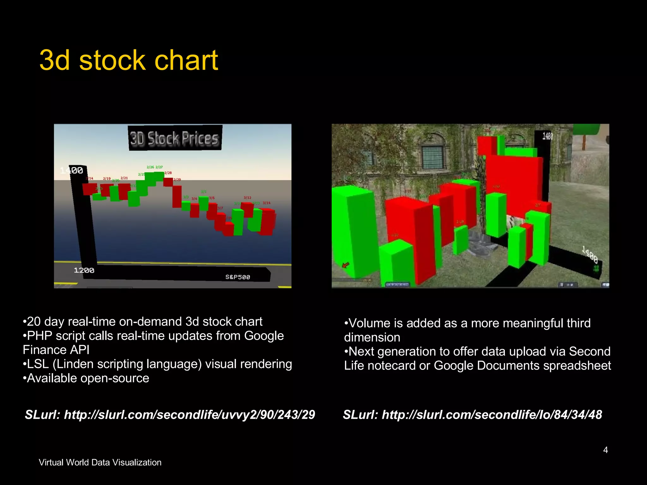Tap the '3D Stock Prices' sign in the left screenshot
tap(175, 138)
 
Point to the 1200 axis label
tap(84, 270)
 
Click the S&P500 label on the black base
tap(238, 277)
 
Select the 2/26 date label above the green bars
tap(150, 167)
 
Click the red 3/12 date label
tap(247, 198)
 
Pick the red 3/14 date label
tap(266, 203)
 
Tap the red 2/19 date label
tap(107, 178)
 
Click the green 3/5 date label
tap(203, 192)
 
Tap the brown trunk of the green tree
tap(584, 142)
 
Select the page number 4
tap(605, 450)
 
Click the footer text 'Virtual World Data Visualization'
tap(100, 462)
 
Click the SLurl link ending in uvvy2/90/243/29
tap(170, 415)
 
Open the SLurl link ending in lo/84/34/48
tap(472, 415)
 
